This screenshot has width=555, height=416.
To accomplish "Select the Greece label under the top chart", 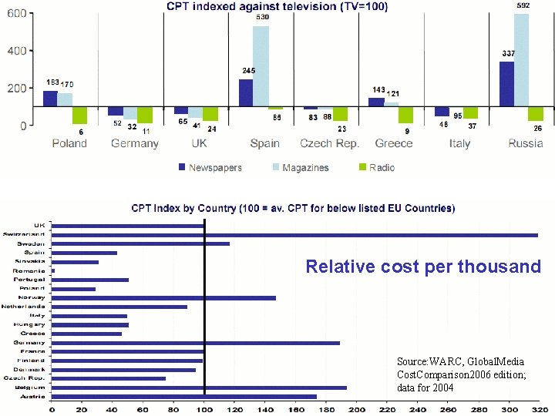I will coord(394,143).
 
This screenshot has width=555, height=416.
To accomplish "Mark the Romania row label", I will coord(31,270).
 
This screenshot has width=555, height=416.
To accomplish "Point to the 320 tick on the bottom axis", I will coord(540,410).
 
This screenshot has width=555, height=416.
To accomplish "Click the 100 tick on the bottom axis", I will coord(204,410).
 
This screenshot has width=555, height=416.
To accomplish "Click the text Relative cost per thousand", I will coord(423,267).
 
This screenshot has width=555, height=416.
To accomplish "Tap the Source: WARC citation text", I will coord(461,374).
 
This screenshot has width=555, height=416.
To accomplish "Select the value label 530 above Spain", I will coord(262,17).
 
